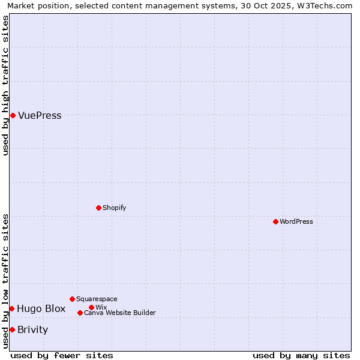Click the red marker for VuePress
point(13,115)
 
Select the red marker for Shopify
point(98,208)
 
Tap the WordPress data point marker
point(275,221)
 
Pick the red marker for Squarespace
point(72,299)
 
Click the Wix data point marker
point(91,307)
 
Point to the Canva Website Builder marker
point(80,313)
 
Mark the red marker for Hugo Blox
point(11,308)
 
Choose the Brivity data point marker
point(12,329)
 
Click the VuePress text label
point(40,116)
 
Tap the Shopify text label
point(114,208)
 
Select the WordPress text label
point(296,221)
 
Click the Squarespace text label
point(97,299)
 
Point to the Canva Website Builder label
point(119,313)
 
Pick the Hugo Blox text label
point(41,309)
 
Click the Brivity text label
point(32,330)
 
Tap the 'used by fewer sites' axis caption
point(62,355)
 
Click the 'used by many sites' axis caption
point(301,355)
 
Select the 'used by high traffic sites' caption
point(5,85)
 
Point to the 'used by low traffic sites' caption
point(5,281)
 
